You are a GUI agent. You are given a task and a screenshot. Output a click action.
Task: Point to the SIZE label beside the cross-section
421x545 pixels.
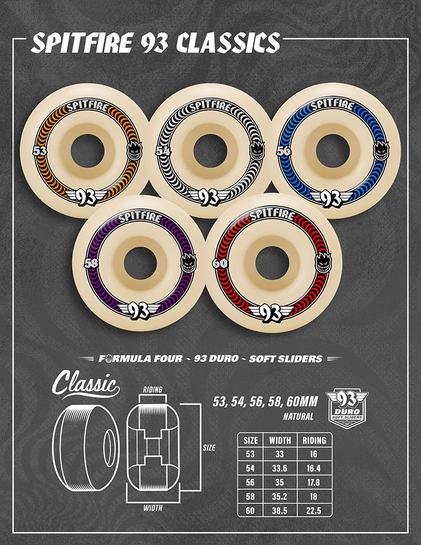209,448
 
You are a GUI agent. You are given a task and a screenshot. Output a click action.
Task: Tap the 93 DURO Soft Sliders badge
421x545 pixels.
347,408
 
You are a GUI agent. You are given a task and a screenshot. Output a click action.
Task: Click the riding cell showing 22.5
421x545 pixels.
315,509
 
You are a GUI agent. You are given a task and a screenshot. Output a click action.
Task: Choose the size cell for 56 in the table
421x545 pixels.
251,481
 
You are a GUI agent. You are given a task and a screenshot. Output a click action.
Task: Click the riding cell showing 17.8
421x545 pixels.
315,481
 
